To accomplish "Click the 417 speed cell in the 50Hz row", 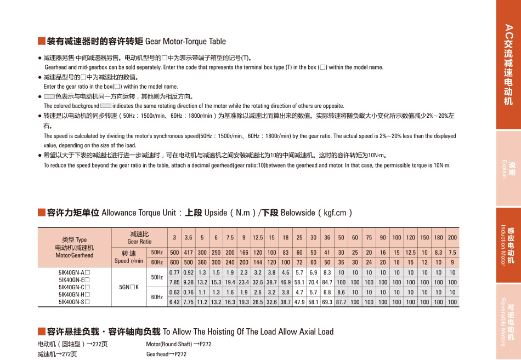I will pyautogui.click(x=189, y=252).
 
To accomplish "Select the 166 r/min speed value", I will pyautogui.click(x=244, y=252).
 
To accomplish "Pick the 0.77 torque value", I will pyautogui.click(x=174, y=272).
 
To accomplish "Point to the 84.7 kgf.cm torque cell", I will pyautogui.click(x=327, y=282).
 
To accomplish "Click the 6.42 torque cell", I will pyautogui.click(x=174, y=302).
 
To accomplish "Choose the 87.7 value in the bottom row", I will pyautogui.click(x=341, y=302).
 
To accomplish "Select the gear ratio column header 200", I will pyautogui.click(x=452, y=237).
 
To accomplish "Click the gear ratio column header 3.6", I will pyautogui.click(x=189, y=237).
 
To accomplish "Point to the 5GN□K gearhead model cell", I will pyautogui.click(x=129, y=287).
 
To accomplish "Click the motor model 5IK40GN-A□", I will pyautogui.click(x=74, y=272).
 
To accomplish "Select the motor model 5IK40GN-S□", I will pyautogui.click(x=74, y=301).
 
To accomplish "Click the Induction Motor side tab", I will pyautogui.click(x=508, y=245).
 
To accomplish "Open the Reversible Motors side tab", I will pyautogui.click(x=508, y=322).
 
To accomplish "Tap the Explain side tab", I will pyautogui.click(x=508, y=168).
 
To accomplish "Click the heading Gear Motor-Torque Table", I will pyautogui.click(x=185, y=41).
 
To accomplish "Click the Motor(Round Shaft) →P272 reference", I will pyautogui.click(x=179, y=344).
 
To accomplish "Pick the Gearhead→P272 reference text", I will pyautogui.click(x=166, y=354).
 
